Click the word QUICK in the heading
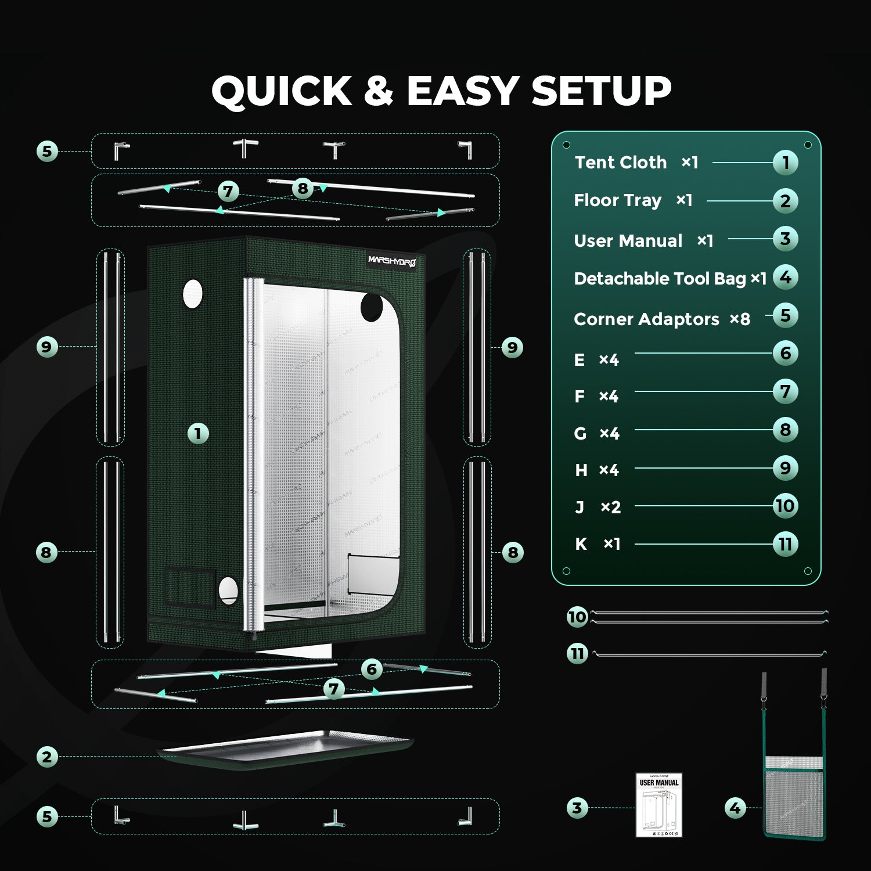(x=282, y=91)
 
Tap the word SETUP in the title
(x=601, y=91)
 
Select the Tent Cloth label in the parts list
(x=621, y=163)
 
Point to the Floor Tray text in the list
(x=617, y=200)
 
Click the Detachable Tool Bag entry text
(x=660, y=279)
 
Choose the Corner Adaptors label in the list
(x=646, y=319)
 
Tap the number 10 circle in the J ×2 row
(x=785, y=506)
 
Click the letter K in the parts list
(x=581, y=544)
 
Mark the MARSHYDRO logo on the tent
(x=392, y=261)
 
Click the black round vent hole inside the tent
(x=372, y=307)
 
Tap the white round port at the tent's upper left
(x=193, y=294)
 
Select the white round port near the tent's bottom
(x=228, y=591)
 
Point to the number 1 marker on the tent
(x=198, y=433)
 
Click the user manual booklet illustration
(x=658, y=805)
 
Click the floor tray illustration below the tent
(x=285, y=749)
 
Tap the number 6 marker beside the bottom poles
(x=372, y=669)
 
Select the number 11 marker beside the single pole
(x=577, y=654)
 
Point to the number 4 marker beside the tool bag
(x=735, y=808)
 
